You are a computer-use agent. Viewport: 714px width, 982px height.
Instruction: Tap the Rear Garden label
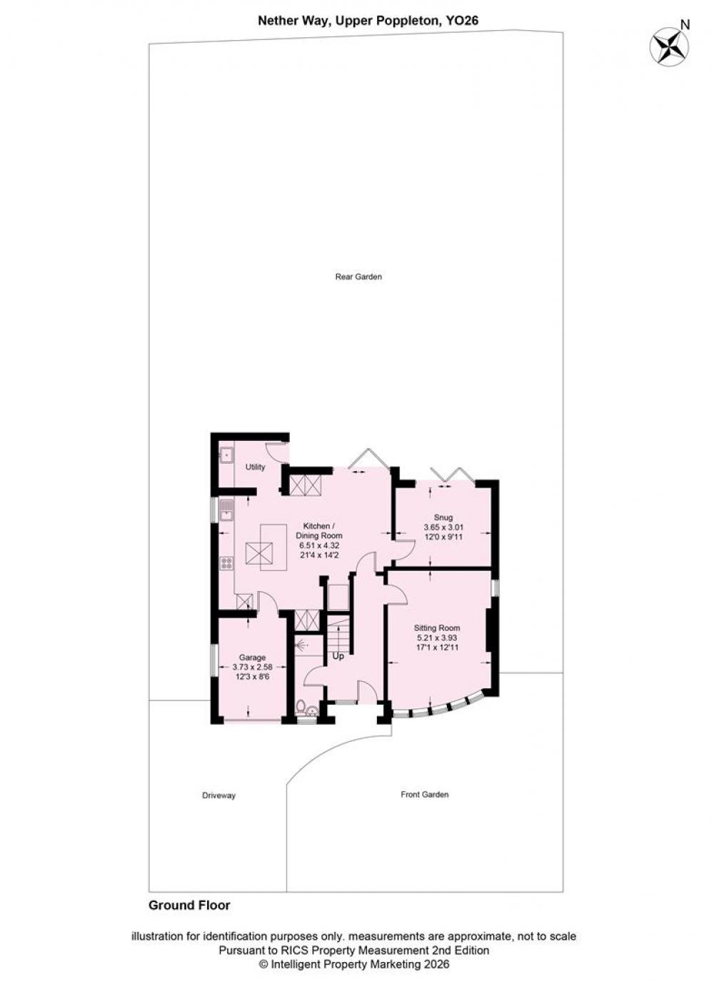coord(358,277)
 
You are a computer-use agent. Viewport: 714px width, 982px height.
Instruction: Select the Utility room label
coord(255,467)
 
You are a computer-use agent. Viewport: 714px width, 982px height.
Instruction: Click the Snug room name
coord(443,517)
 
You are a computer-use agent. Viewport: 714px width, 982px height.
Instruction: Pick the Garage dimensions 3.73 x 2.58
coord(252,667)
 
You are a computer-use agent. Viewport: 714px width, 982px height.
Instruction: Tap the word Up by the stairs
coord(338,656)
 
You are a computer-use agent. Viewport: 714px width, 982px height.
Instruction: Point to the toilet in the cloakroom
coord(301,706)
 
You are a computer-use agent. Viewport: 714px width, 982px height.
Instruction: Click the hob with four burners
coord(226,563)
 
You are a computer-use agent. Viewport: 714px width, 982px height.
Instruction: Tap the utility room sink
coord(226,455)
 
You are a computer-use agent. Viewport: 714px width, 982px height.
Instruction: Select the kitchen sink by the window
coord(226,511)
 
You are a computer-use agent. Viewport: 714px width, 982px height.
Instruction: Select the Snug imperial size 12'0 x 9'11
coord(443,537)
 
